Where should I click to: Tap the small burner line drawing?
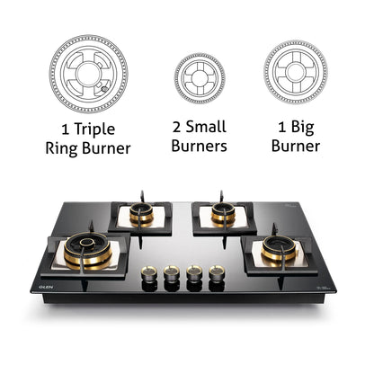tap(200, 78)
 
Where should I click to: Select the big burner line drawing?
tap(295, 73)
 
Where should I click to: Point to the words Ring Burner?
tap(88, 147)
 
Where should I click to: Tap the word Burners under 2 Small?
tap(200, 147)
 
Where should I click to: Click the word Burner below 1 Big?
tap(295, 147)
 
